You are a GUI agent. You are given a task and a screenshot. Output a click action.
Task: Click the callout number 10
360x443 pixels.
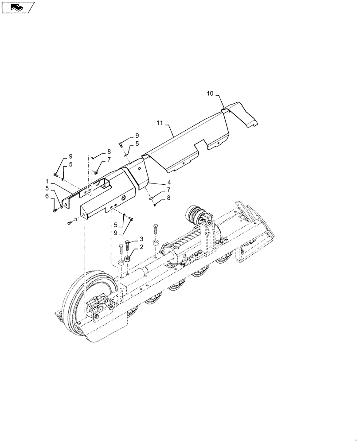(210, 93)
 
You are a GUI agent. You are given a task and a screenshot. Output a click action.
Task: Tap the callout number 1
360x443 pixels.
(47, 181)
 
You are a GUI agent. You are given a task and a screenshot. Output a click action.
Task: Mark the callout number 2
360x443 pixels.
(141, 247)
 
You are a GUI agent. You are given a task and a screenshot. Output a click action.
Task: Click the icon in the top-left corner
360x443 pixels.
(17, 7)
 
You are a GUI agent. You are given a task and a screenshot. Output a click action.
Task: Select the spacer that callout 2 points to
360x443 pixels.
(127, 258)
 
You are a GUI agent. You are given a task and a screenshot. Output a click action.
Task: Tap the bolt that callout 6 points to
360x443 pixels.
(55, 211)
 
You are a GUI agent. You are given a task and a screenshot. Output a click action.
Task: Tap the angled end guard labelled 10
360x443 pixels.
(242, 113)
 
